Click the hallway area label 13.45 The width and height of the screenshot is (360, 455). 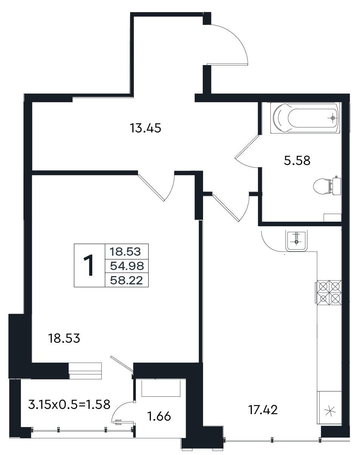[x=146, y=128]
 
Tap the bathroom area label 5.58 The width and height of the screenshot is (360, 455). [x=297, y=160]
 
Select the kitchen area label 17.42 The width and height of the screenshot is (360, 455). [x=263, y=410]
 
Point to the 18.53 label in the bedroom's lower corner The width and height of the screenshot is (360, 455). [x=64, y=338]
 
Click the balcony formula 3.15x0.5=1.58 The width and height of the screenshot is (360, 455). [x=69, y=404]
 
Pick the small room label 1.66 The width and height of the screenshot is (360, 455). [x=159, y=416]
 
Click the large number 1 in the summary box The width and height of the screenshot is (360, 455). [x=89, y=266]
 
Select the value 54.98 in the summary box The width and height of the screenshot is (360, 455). [x=127, y=266]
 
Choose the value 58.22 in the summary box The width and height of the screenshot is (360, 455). [x=126, y=280]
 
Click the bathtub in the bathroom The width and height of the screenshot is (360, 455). [x=305, y=118]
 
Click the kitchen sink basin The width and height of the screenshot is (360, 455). [x=296, y=241]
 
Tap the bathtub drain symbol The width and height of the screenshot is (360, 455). [x=333, y=118]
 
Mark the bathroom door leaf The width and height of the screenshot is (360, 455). [x=247, y=146]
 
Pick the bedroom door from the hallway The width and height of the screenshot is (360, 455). [x=151, y=186]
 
